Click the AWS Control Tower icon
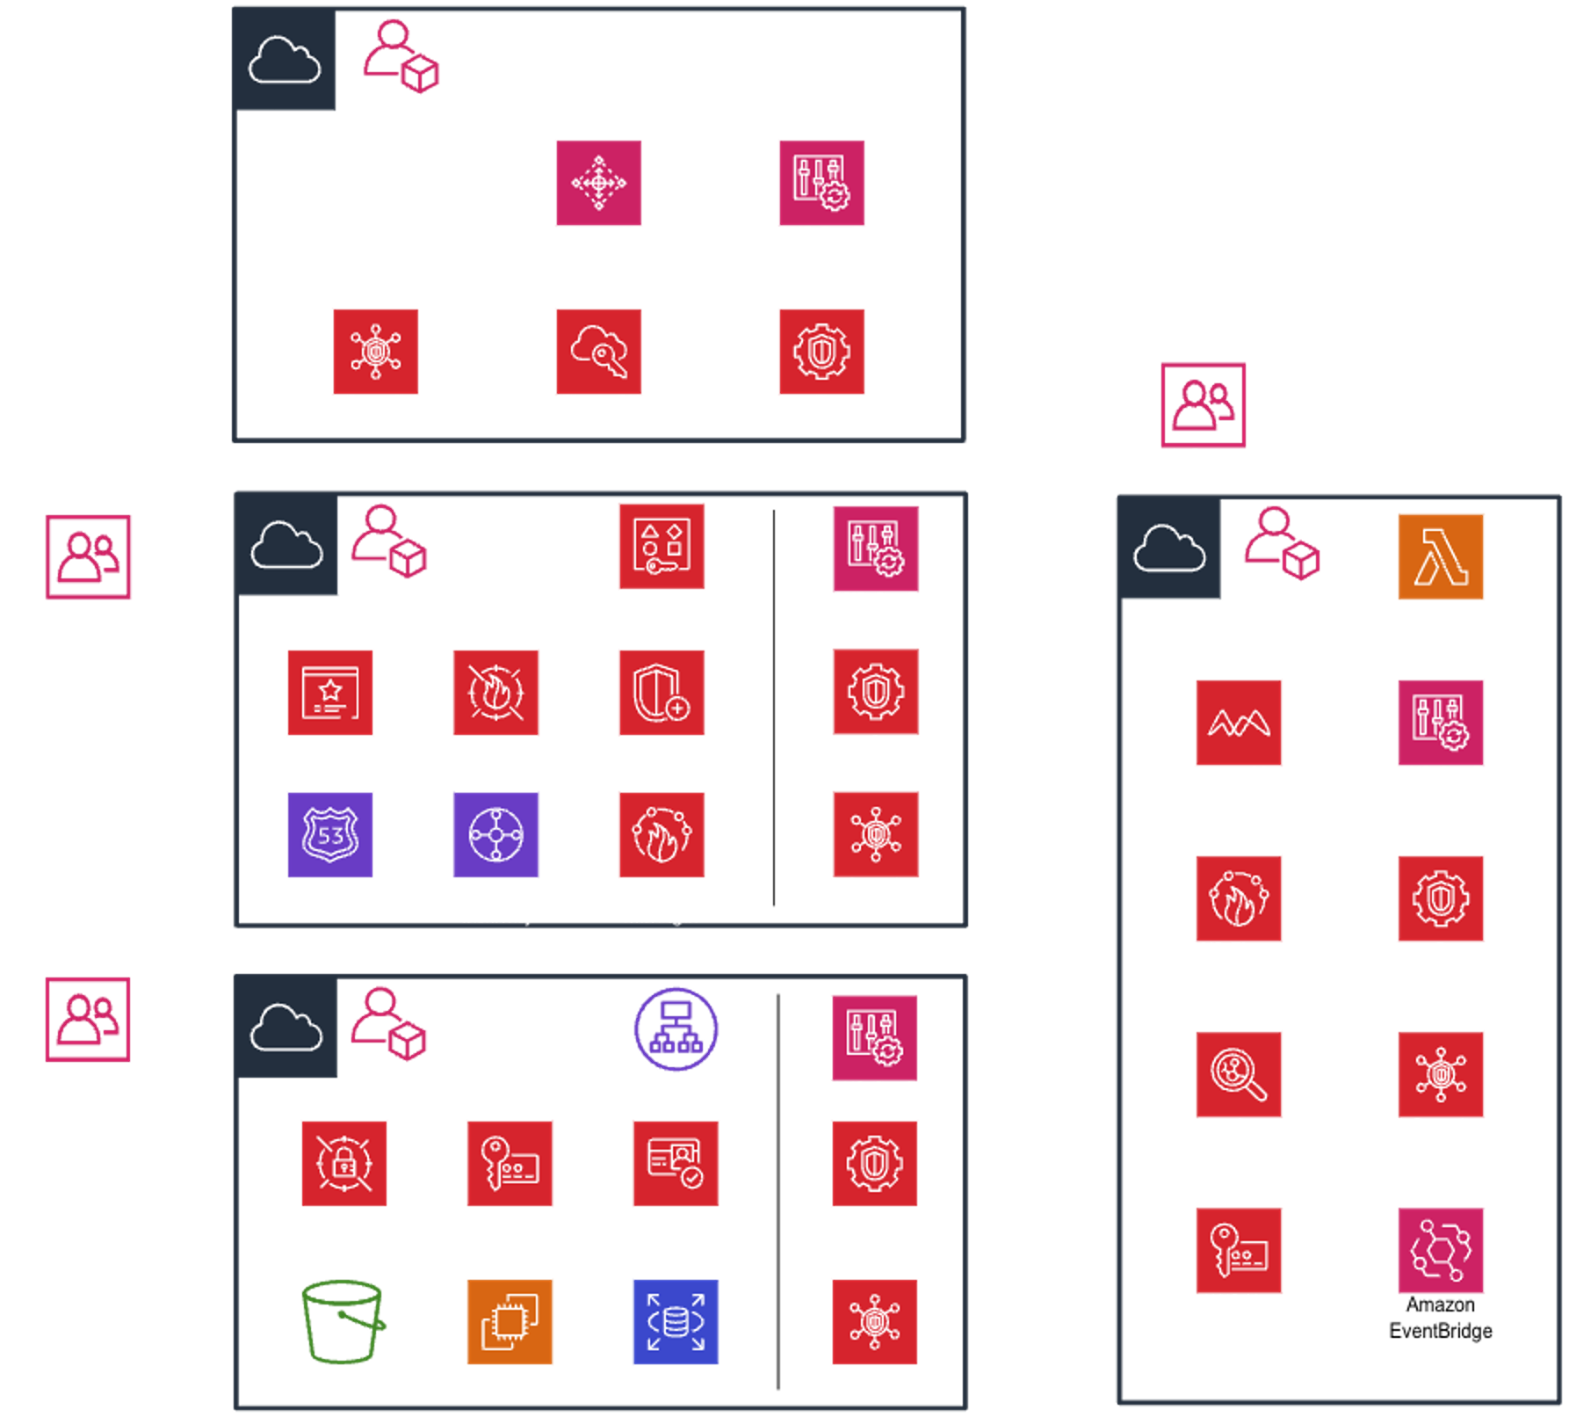coord(598,183)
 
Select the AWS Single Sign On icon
coord(598,352)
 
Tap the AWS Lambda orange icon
coord(1441,556)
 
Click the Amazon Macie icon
coord(1239,723)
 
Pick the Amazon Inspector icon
coord(1239,1074)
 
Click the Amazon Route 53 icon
coord(330,834)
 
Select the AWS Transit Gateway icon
coord(496,834)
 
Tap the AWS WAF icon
coord(496,693)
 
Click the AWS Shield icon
coord(662,693)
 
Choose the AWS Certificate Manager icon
coord(330,693)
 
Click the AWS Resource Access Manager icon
coord(662,546)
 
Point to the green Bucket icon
coord(343,1321)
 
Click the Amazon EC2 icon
coord(510,1321)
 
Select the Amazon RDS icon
coord(676,1321)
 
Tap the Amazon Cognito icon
coord(676,1163)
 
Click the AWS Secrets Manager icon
coord(343,1163)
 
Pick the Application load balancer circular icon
coord(676,1028)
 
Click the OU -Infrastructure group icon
coord(89,557)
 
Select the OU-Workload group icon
coord(88,1019)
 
